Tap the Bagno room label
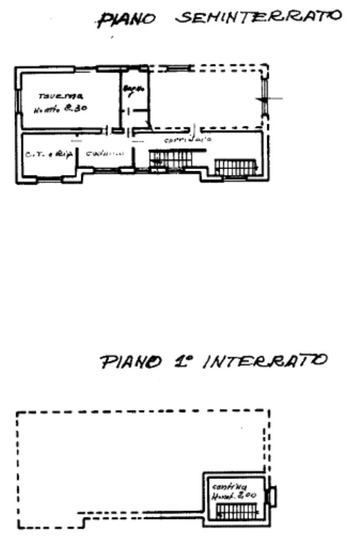pos(134,92)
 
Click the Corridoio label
pos(188,141)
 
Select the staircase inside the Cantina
pos(237,510)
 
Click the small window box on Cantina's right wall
pos(272,496)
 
